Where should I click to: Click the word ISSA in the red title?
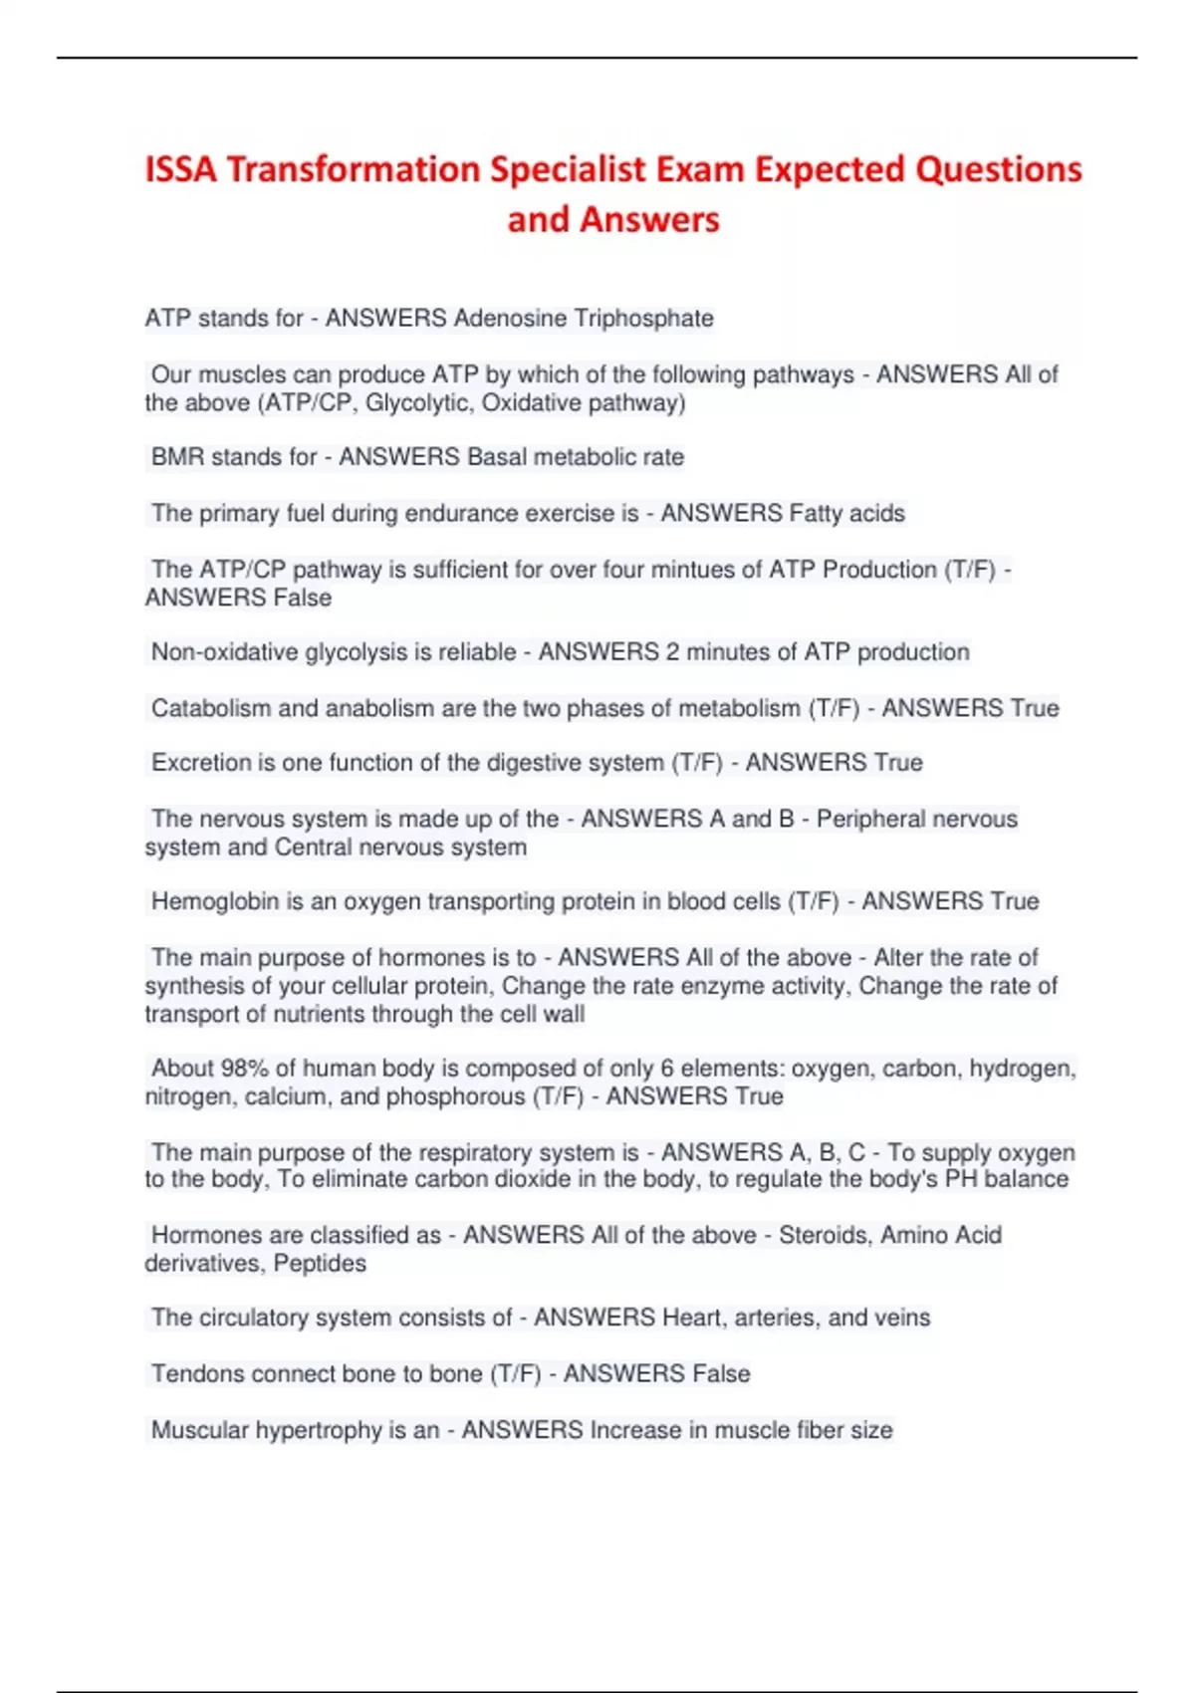[180, 170]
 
